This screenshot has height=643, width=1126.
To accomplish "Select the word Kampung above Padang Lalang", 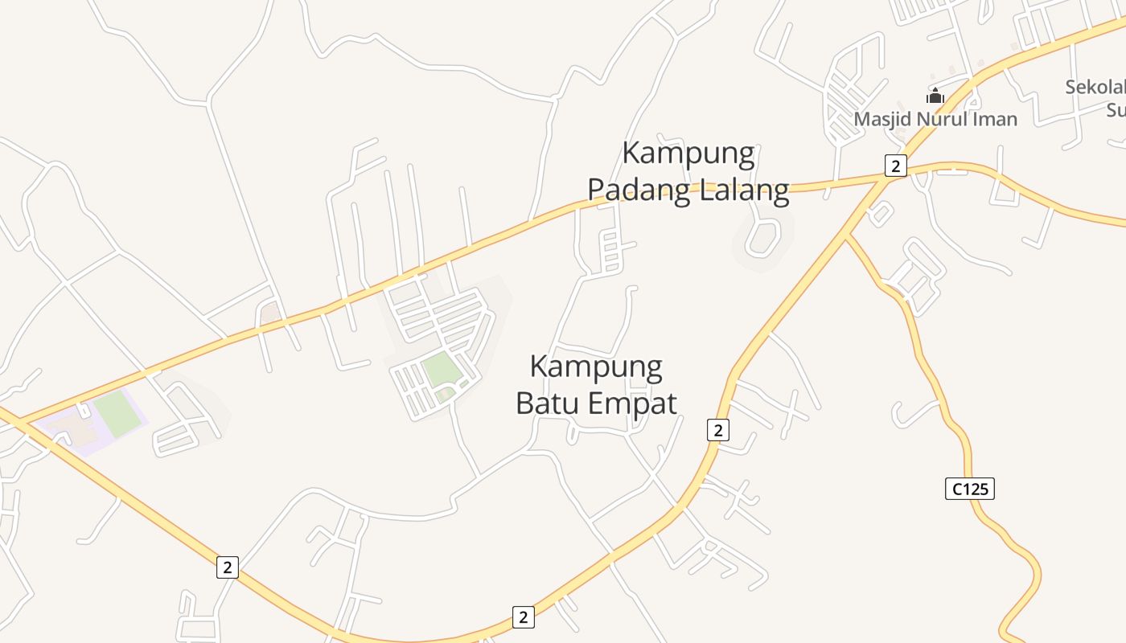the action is coord(688,153).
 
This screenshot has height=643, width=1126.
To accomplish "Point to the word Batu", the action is coord(552,403).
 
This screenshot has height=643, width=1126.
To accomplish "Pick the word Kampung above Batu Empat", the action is coord(596,367).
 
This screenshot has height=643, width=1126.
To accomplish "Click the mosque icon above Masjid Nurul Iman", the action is coord(935,96).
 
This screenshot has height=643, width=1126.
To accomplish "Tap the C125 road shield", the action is coord(969,488).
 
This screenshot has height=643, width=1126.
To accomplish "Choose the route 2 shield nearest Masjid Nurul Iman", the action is coord(894,166).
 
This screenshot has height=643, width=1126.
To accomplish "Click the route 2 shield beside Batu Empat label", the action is coord(718,430).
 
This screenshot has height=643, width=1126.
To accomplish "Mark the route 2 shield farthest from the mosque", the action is coord(228,567).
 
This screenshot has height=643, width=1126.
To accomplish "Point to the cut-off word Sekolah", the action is coord(1095,88).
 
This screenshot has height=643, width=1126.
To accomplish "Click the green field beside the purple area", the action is coord(118,413).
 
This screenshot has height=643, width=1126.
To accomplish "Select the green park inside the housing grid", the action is coord(440,370).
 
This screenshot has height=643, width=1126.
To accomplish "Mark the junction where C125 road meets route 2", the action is coord(845,235).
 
